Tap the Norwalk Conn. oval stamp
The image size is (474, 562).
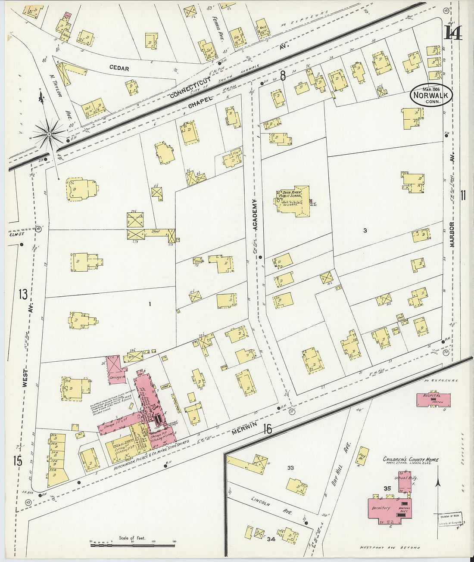(430, 94)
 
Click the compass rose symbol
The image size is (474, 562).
(49, 134)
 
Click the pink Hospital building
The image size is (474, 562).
(433, 399)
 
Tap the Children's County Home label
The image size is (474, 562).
(411, 460)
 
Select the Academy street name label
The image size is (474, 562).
(255, 214)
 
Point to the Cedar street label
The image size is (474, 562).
(119, 68)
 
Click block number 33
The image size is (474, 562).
(290, 468)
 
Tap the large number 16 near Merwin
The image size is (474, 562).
(268, 429)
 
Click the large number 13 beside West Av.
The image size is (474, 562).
(23, 294)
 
